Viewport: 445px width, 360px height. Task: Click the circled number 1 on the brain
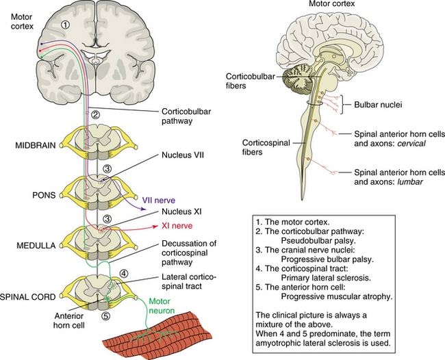coord(66,25)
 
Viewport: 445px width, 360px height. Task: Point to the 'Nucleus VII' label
coord(184,155)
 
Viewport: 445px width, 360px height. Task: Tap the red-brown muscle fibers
coord(157,338)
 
